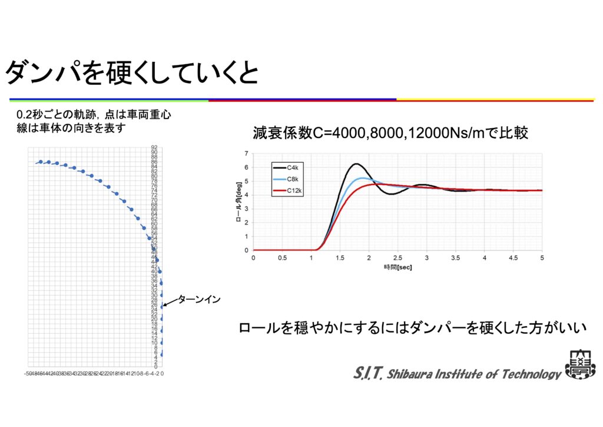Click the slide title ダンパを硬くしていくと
click(x=131, y=73)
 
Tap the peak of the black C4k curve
click(x=356, y=164)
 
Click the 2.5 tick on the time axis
click(x=397, y=258)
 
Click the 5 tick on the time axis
click(x=542, y=258)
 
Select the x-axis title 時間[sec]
click(x=397, y=267)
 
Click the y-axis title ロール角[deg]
click(x=238, y=201)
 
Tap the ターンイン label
click(x=199, y=300)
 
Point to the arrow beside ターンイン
click(x=170, y=303)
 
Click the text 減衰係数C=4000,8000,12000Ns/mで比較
click(x=390, y=133)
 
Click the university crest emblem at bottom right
click(x=579, y=364)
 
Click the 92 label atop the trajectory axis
click(x=154, y=147)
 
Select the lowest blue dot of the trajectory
click(x=162, y=354)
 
